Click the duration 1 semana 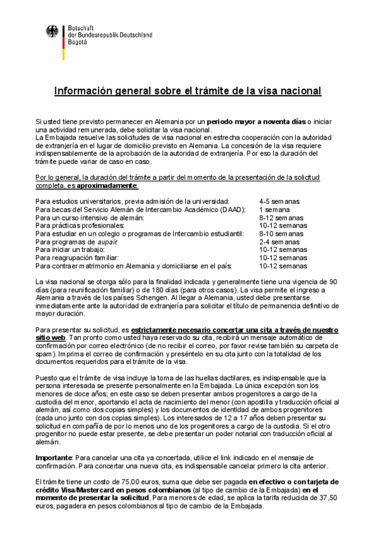(x=274, y=209)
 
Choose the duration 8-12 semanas (x=281, y=217)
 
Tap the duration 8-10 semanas (x=281, y=233)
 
